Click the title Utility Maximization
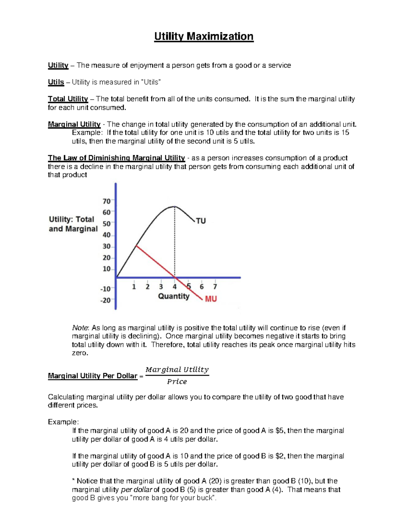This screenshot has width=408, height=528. pos(204,36)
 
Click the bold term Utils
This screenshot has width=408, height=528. pos(56,82)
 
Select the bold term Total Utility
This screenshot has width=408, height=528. pos(68,99)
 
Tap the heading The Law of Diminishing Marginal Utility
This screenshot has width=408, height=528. pos(116,158)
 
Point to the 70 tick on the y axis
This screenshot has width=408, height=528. pos(107,201)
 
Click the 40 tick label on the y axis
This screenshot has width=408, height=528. pos(107,235)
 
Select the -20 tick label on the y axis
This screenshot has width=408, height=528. pos(105,300)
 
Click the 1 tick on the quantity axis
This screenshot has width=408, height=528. pos(134,287)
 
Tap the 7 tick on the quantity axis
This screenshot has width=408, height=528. pos(215,287)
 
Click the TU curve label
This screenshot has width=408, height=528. pos(201,221)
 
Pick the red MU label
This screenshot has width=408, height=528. pos(211,299)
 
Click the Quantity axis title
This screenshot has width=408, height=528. pos(174,296)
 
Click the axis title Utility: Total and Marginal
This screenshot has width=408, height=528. pos(73,224)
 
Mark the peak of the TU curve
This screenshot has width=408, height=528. pos(174,206)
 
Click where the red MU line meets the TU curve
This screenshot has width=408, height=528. pos(136,245)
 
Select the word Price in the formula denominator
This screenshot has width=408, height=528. pos(177,382)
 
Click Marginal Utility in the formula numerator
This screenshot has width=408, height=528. pos(177,370)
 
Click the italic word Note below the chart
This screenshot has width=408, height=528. pos(80,328)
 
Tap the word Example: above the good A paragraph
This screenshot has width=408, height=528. pos(63,422)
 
